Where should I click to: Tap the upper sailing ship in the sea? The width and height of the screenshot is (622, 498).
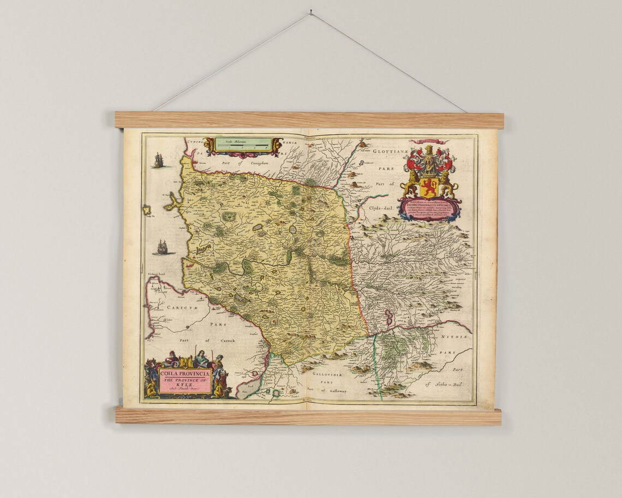pos(158,160)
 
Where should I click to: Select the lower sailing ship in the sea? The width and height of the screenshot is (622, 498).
pos(163,247)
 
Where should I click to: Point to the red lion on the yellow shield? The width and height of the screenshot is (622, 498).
pos(429,187)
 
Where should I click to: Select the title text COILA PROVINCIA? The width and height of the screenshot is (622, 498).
pos(184,373)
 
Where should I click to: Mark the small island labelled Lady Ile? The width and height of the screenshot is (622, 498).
pos(147,209)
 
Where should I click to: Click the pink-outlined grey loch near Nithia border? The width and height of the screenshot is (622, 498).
pos(389,317)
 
